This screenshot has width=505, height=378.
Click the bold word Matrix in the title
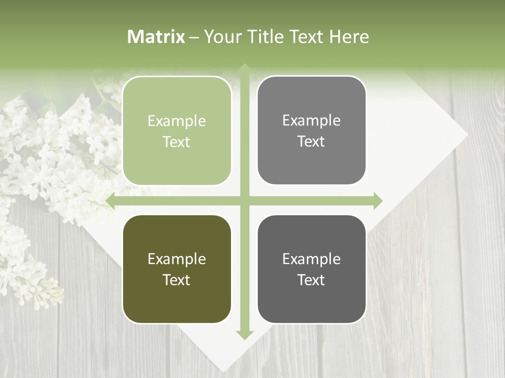pos(156,37)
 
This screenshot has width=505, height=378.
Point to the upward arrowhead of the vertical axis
pos(245,68)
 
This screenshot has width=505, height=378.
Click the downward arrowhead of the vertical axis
pos(245,334)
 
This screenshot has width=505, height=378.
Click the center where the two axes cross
pos(245,201)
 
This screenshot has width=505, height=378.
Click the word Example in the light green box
pos(177,121)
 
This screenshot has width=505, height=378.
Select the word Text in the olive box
pos(177,280)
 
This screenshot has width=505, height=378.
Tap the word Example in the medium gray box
pos(311,121)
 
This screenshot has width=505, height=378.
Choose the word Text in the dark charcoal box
pos(311,280)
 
